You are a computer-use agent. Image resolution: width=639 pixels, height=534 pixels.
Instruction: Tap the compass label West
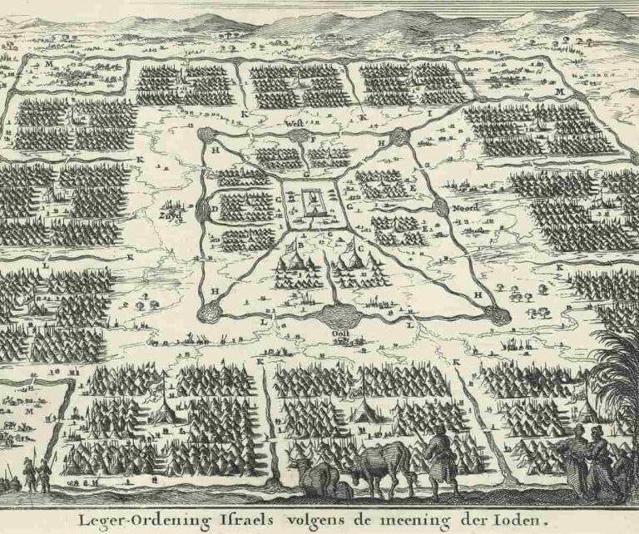293,123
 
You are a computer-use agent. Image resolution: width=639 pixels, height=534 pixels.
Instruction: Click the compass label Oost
339,336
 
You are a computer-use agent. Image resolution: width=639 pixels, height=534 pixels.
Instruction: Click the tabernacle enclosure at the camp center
312,202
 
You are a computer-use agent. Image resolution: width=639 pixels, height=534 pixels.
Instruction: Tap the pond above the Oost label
339,316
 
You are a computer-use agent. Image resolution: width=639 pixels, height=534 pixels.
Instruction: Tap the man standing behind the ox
438,454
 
